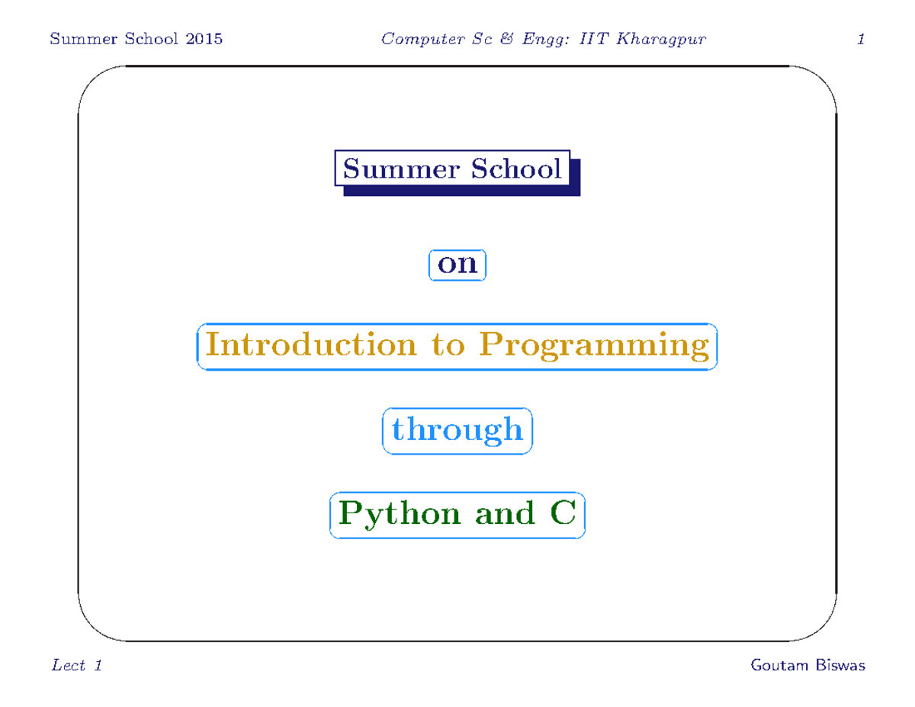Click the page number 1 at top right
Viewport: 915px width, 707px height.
pyautogui.click(x=860, y=39)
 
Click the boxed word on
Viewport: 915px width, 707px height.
pyautogui.click(x=457, y=264)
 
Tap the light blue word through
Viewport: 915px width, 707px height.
pyautogui.click(x=457, y=430)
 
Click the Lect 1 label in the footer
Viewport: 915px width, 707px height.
pyautogui.click(x=76, y=666)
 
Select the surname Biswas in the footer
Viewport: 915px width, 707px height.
pyautogui.click(x=840, y=666)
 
